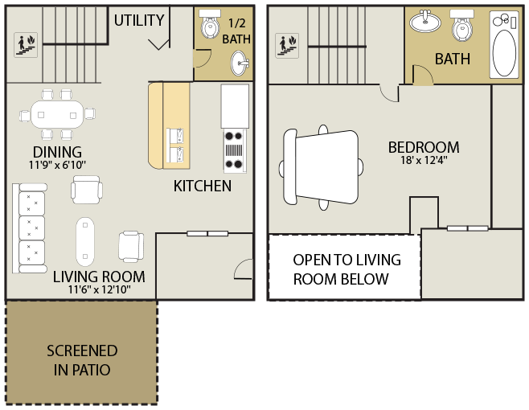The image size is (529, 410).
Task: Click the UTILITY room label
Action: point(139,21)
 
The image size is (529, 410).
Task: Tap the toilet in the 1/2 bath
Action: point(210,23)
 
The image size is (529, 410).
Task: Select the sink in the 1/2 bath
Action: point(240,63)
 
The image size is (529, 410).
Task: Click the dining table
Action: point(57,114)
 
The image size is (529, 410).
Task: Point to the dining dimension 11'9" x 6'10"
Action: point(57,165)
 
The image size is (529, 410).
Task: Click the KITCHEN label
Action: point(203,186)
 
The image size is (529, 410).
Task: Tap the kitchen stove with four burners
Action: point(235,150)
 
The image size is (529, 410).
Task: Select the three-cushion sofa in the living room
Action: point(30,228)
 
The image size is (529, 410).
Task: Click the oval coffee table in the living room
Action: point(85,241)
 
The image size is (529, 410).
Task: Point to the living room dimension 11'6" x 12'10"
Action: point(99,289)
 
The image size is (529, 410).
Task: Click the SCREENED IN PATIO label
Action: point(82,360)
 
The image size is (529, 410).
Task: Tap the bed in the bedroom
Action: point(322,167)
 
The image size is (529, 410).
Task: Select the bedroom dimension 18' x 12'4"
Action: point(424,160)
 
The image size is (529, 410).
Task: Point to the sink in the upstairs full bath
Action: point(425,21)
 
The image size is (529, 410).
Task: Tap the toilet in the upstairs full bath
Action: point(461,25)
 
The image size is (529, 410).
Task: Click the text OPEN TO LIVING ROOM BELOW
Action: point(347,269)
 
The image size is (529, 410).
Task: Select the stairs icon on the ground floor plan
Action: point(26,45)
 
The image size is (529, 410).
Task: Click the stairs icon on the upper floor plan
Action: point(287,46)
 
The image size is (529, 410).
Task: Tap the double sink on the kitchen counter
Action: point(175,146)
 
